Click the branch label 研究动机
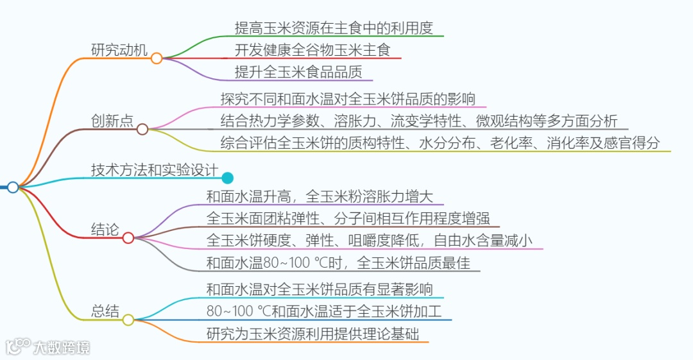click(119, 49)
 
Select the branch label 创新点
click(112, 121)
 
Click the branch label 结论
click(105, 230)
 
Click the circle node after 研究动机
click(157, 58)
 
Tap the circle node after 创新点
click(142, 129)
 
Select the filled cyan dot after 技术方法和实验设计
click(227, 178)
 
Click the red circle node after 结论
click(128, 238)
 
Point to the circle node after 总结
click(128, 320)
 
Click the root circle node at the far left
click(13, 187)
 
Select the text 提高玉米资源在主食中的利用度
click(334, 28)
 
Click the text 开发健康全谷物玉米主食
click(312, 49)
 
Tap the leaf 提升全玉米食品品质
click(298, 72)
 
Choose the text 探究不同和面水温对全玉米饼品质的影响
click(347, 99)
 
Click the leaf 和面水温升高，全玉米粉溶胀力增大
click(320, 196)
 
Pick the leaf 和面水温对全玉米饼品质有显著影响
click(320, 289)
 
